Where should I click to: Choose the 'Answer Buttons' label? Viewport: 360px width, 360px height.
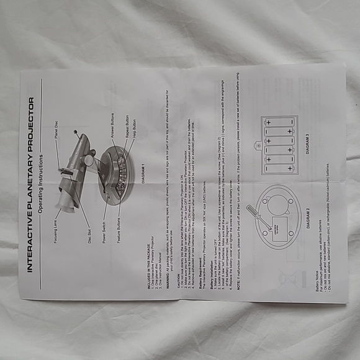[x=112, y=124]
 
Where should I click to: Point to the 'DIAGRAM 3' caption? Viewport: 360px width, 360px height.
[x=307, y=143]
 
